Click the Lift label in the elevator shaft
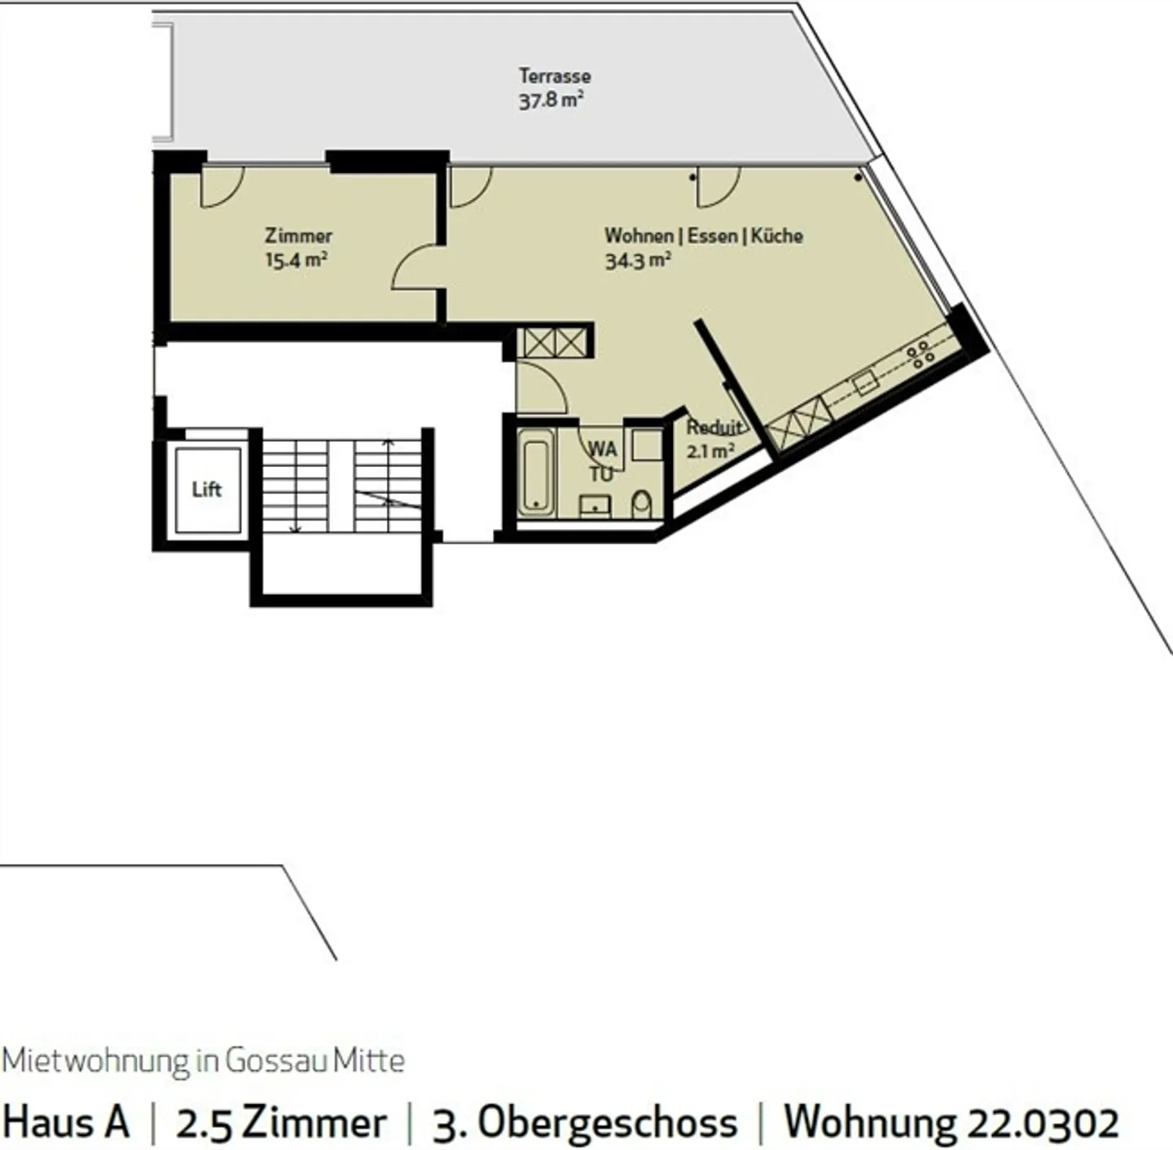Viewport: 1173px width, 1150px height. tap(206, 489)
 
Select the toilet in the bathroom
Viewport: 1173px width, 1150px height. tap(642, 505)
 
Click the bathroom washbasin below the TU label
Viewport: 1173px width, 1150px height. tap(595, 506)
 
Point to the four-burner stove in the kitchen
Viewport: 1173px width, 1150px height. tap(920, 355)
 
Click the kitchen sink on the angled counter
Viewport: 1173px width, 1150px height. tap(865, 381)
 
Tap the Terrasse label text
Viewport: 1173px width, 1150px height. tap(555, 76)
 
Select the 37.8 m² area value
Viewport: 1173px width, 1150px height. tap(551, 101)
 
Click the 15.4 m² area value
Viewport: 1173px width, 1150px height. tap(297, 261)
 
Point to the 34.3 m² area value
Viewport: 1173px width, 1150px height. tap(637, 261)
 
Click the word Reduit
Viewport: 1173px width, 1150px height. tap(714, 427)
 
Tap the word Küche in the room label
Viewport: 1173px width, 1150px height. tap(776, 236)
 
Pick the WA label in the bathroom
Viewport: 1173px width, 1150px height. tap(602, 449)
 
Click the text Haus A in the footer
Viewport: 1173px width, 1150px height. tap(66, 1121)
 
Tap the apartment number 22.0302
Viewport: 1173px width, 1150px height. tap(1042, 1121)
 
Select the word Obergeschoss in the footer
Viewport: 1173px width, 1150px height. tap(606, 1123)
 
